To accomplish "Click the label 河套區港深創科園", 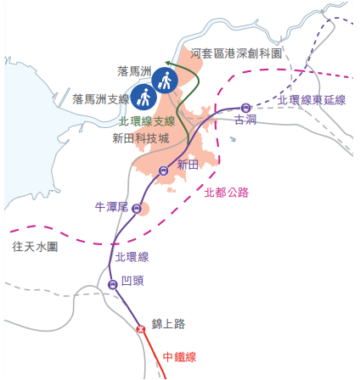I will tap(237, 53).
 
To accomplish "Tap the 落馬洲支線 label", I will tap(100, 99).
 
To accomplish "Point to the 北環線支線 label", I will tap(146, 121).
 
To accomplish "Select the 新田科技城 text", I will tap(140, 137).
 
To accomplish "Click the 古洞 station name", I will tap(245, 120).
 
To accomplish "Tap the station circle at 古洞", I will tap(245, 108).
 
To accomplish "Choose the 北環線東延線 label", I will tap(312, 100).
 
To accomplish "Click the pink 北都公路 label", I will tap(227, 193).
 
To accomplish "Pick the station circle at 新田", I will tap(162, 170).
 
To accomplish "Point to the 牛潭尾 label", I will tap(110, 207).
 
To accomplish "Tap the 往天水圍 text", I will tap(35, 247).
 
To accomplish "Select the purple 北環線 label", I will tap(132, 257).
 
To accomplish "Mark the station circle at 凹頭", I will tap(112, 284).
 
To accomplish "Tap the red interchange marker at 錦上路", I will tap(139, 328).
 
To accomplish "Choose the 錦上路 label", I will tap(168, 323).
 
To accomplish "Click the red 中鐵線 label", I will tap(179, 357).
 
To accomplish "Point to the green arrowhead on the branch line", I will tap(168, 64).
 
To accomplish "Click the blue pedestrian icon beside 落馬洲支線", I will tap(144, 98).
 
